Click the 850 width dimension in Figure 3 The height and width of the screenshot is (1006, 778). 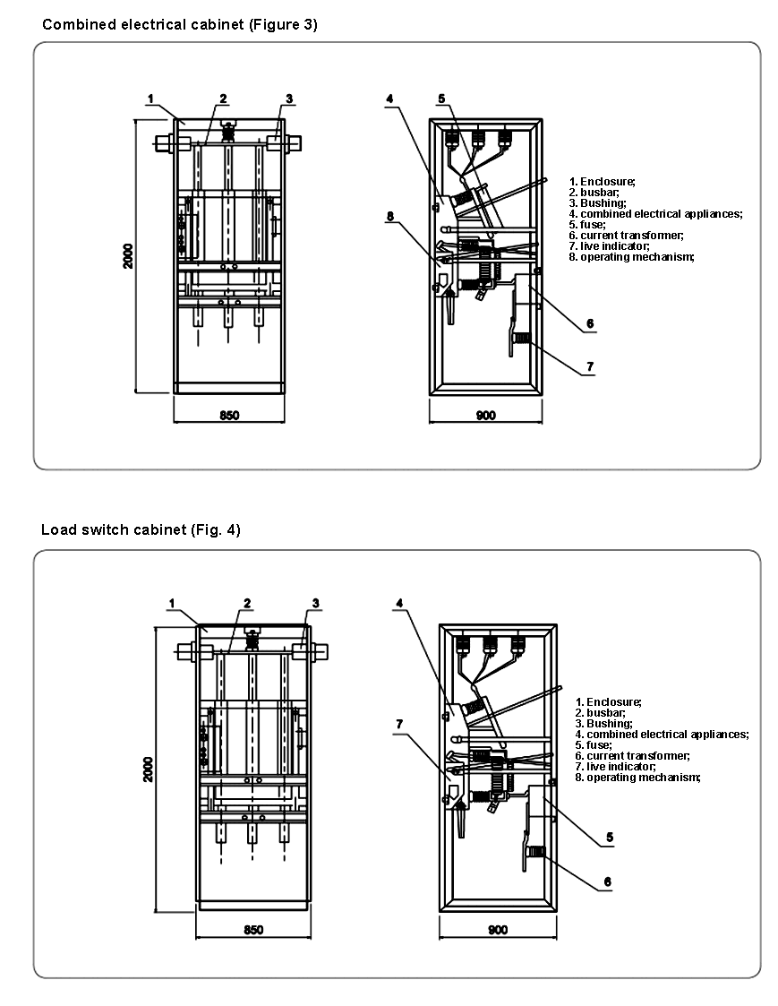tap(229, 415)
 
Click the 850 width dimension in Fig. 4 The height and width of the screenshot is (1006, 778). tap(253, 930)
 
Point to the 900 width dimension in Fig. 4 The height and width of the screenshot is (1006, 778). tap(497, 930)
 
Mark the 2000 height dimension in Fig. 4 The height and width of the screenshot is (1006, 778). tap(148, 769)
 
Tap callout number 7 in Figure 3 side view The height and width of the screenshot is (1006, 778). tap(589, 366)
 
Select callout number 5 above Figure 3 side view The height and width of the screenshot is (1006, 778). tap(441, 98)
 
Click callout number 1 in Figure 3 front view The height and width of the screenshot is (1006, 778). tap(151, 98)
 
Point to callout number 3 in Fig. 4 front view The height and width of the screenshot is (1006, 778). tap(315, 603)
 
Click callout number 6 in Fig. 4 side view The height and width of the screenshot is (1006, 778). tap(607, 881)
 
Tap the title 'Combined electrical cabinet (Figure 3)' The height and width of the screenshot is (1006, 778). tap(179, 25)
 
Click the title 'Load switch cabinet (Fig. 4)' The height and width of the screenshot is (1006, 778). tap(141, 529)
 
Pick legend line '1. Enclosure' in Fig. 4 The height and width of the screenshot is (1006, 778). tap(608, 702)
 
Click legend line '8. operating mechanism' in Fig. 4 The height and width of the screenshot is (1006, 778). tap(637, 778)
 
